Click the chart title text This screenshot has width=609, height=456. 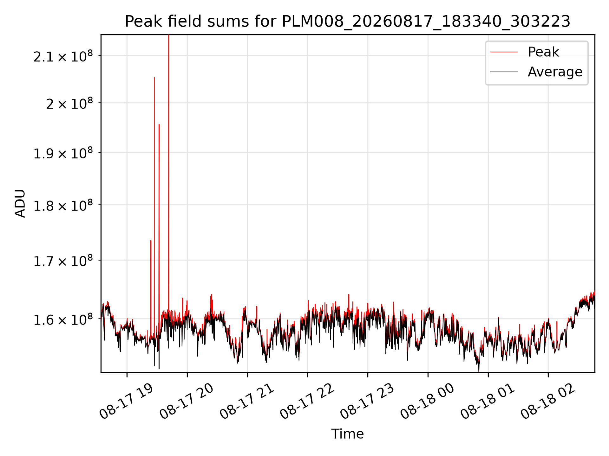(x=348, y=22)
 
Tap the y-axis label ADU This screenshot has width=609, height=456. (x=20, y=203)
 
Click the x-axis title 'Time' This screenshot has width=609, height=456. (x=348, y=434)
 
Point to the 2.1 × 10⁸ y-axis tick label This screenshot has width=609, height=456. (x=63, y=56)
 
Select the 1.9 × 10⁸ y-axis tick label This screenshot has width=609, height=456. (x=63, y=153)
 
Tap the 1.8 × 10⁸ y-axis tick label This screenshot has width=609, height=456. (x=63, y=206)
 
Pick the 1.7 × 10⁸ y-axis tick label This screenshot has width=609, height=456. (x=63, y=261)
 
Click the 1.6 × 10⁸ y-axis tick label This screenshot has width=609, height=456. (x=63, y=320)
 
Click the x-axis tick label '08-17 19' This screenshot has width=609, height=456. (x=127, y=401)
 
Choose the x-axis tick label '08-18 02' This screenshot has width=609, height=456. (x=548, y=401)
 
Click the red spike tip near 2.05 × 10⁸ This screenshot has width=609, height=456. (x=154, y=77)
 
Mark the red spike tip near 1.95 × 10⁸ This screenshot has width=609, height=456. (x=159, y=124)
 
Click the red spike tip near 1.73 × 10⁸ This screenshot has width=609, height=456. (x=151, y=240)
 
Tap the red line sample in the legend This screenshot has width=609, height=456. (x=504, y=52)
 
